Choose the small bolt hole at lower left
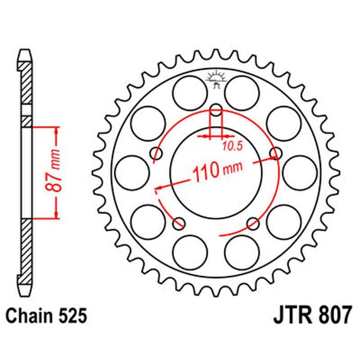coord(180,222)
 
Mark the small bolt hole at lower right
coord(253,222)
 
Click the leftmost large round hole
coord(131,173)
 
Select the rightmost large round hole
coord(300,173)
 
